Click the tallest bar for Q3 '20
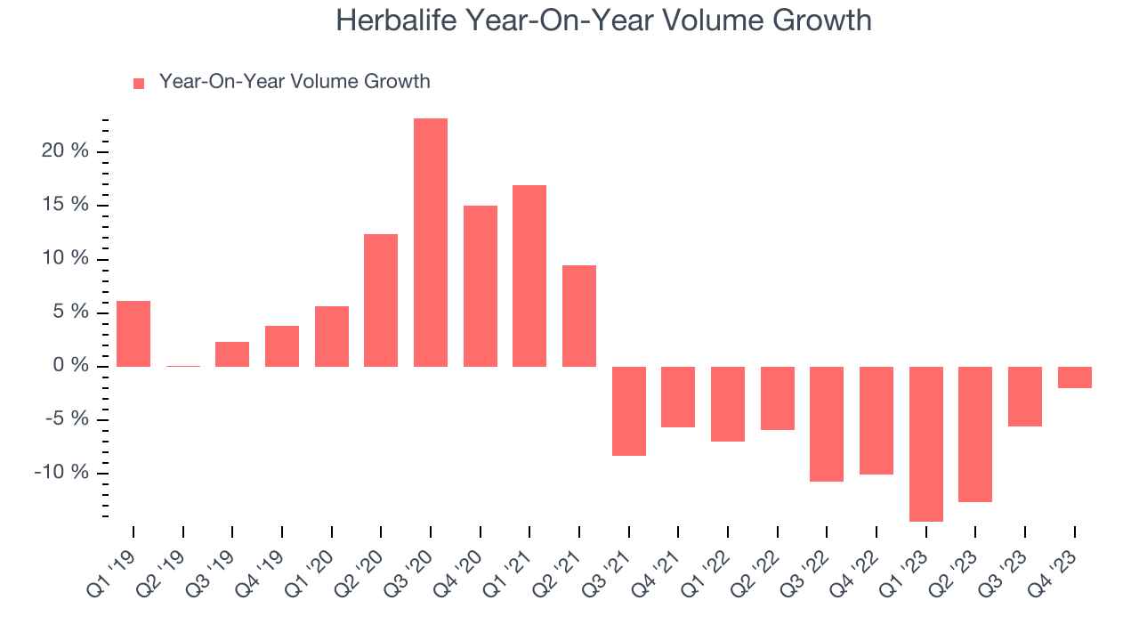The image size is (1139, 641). tap(431, 242)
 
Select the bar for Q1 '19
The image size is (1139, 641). tap(133, 334)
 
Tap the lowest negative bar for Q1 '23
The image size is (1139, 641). tap(925, 443)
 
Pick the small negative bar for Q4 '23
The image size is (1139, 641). tap(1074, 377)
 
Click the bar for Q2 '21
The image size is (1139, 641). tap(579, 316)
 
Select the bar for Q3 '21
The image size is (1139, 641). tap(628, 411)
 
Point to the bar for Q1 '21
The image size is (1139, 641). tap(529, 276)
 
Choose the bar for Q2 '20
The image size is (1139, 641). tap(381, 300)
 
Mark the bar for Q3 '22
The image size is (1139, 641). tap(827, 424)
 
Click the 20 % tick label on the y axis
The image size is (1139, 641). tap(65, 151)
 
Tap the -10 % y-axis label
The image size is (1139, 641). tap(61, 473)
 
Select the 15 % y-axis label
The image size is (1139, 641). tap(65, 205)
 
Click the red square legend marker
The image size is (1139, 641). tap(139, 84)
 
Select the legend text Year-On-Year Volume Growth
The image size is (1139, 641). tap(295, 82)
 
